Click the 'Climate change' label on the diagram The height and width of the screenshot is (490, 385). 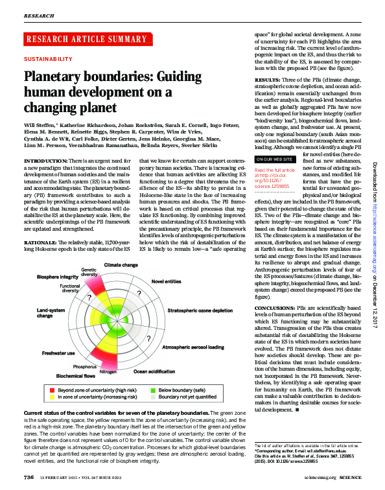[120, 266]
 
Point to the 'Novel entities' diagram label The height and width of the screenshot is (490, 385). [167, 282]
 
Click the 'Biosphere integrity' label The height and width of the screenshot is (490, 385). [58, 277]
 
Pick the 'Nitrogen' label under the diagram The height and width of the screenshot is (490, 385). [108, 372]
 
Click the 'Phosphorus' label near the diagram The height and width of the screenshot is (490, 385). [84, 367]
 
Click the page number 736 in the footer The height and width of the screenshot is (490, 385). [29, 477]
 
